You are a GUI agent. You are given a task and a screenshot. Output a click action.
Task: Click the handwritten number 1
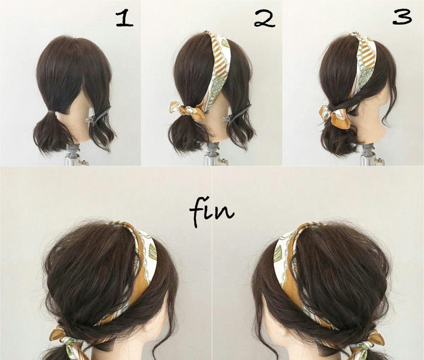point(124,19)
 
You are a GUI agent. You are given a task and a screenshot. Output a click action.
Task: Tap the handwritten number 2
point(265,19)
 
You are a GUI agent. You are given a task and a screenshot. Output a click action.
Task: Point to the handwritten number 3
point(402,17)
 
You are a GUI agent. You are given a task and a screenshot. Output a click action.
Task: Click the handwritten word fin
point(211,211)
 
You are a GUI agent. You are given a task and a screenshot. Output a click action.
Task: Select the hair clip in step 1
point(99,116)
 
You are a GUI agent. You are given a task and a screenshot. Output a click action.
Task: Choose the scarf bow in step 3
point(335,116)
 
